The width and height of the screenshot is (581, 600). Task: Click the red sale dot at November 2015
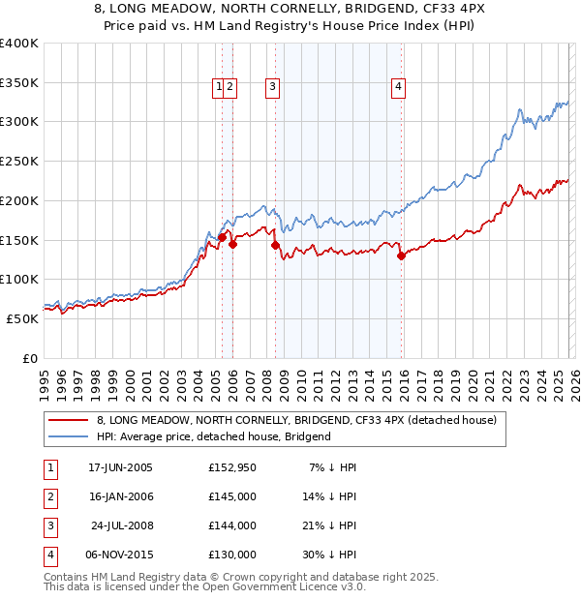coord(401,256)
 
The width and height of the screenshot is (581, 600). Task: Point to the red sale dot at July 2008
coord(275,246)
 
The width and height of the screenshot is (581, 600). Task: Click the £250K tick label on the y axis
coord(19,161)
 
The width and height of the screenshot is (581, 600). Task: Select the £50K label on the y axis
coord(23,317)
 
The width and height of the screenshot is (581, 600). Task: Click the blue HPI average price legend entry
coord(213,436)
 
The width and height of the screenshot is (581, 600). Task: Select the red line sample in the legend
coord(68,421)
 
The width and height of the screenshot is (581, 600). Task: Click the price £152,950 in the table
coord(232,467)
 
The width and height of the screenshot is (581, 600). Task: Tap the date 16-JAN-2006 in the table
coord(120,496)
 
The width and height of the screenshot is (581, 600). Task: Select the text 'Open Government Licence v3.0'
coord(282,586)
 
